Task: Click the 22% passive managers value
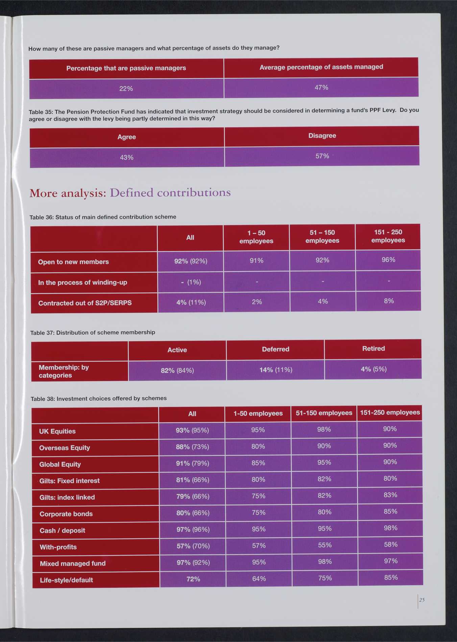click(x=126, y=89)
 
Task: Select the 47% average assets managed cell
click(x=321, y=88)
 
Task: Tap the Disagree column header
click(x=322, y=135)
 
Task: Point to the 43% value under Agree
click(x=127, y=157)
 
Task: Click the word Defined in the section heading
click(x=131, y=193)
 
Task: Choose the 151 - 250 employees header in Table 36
click(x=388, y=236)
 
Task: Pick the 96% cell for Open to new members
click(x=388, y=260)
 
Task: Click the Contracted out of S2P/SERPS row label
click(x=85, y=303)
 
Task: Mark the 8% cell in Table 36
click(x=389, y=301)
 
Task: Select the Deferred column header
click(x=275, y=349)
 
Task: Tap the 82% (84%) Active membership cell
click(x=177, y=370)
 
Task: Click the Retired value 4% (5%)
click(x=374, y=369)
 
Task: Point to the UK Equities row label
click(x=57, y=431)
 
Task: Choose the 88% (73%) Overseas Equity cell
click(x=192, y=447)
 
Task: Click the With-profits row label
click(x=58, y=547)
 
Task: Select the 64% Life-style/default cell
click(x=259, y=579)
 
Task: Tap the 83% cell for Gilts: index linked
click(x=390, y=495)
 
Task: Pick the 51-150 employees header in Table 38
click(x=324, y=413)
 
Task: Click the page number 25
click(x=422, y=600)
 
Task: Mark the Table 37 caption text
click(x=93, y=332)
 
